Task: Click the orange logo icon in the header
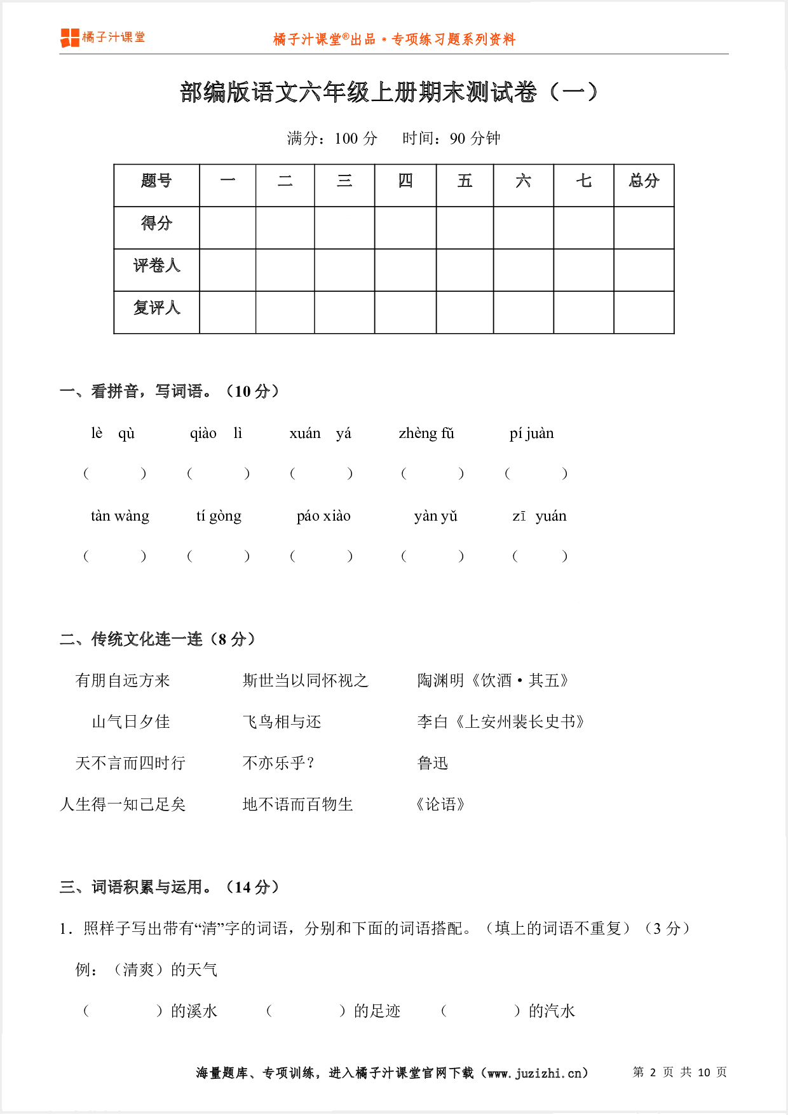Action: coord(69,38)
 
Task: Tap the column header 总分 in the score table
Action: coord(644,181)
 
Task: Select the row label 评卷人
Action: coord(156,266)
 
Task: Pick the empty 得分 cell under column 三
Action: coord(344,228)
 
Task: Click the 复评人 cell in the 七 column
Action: coord(583,312)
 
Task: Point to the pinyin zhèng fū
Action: coord(426,434)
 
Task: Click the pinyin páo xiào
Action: coord(323,516)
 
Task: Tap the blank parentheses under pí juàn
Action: coord(536,474)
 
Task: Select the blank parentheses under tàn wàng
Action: coord(115,556)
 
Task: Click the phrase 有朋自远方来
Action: coord(123,681)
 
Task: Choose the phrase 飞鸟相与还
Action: coord(282,722)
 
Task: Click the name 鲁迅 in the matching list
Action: coord(433,763)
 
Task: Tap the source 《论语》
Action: coord(440,805)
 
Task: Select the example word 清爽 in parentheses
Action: coord(139,970)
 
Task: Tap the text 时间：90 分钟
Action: coord(451,139)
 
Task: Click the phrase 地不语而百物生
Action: coord(297,805)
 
